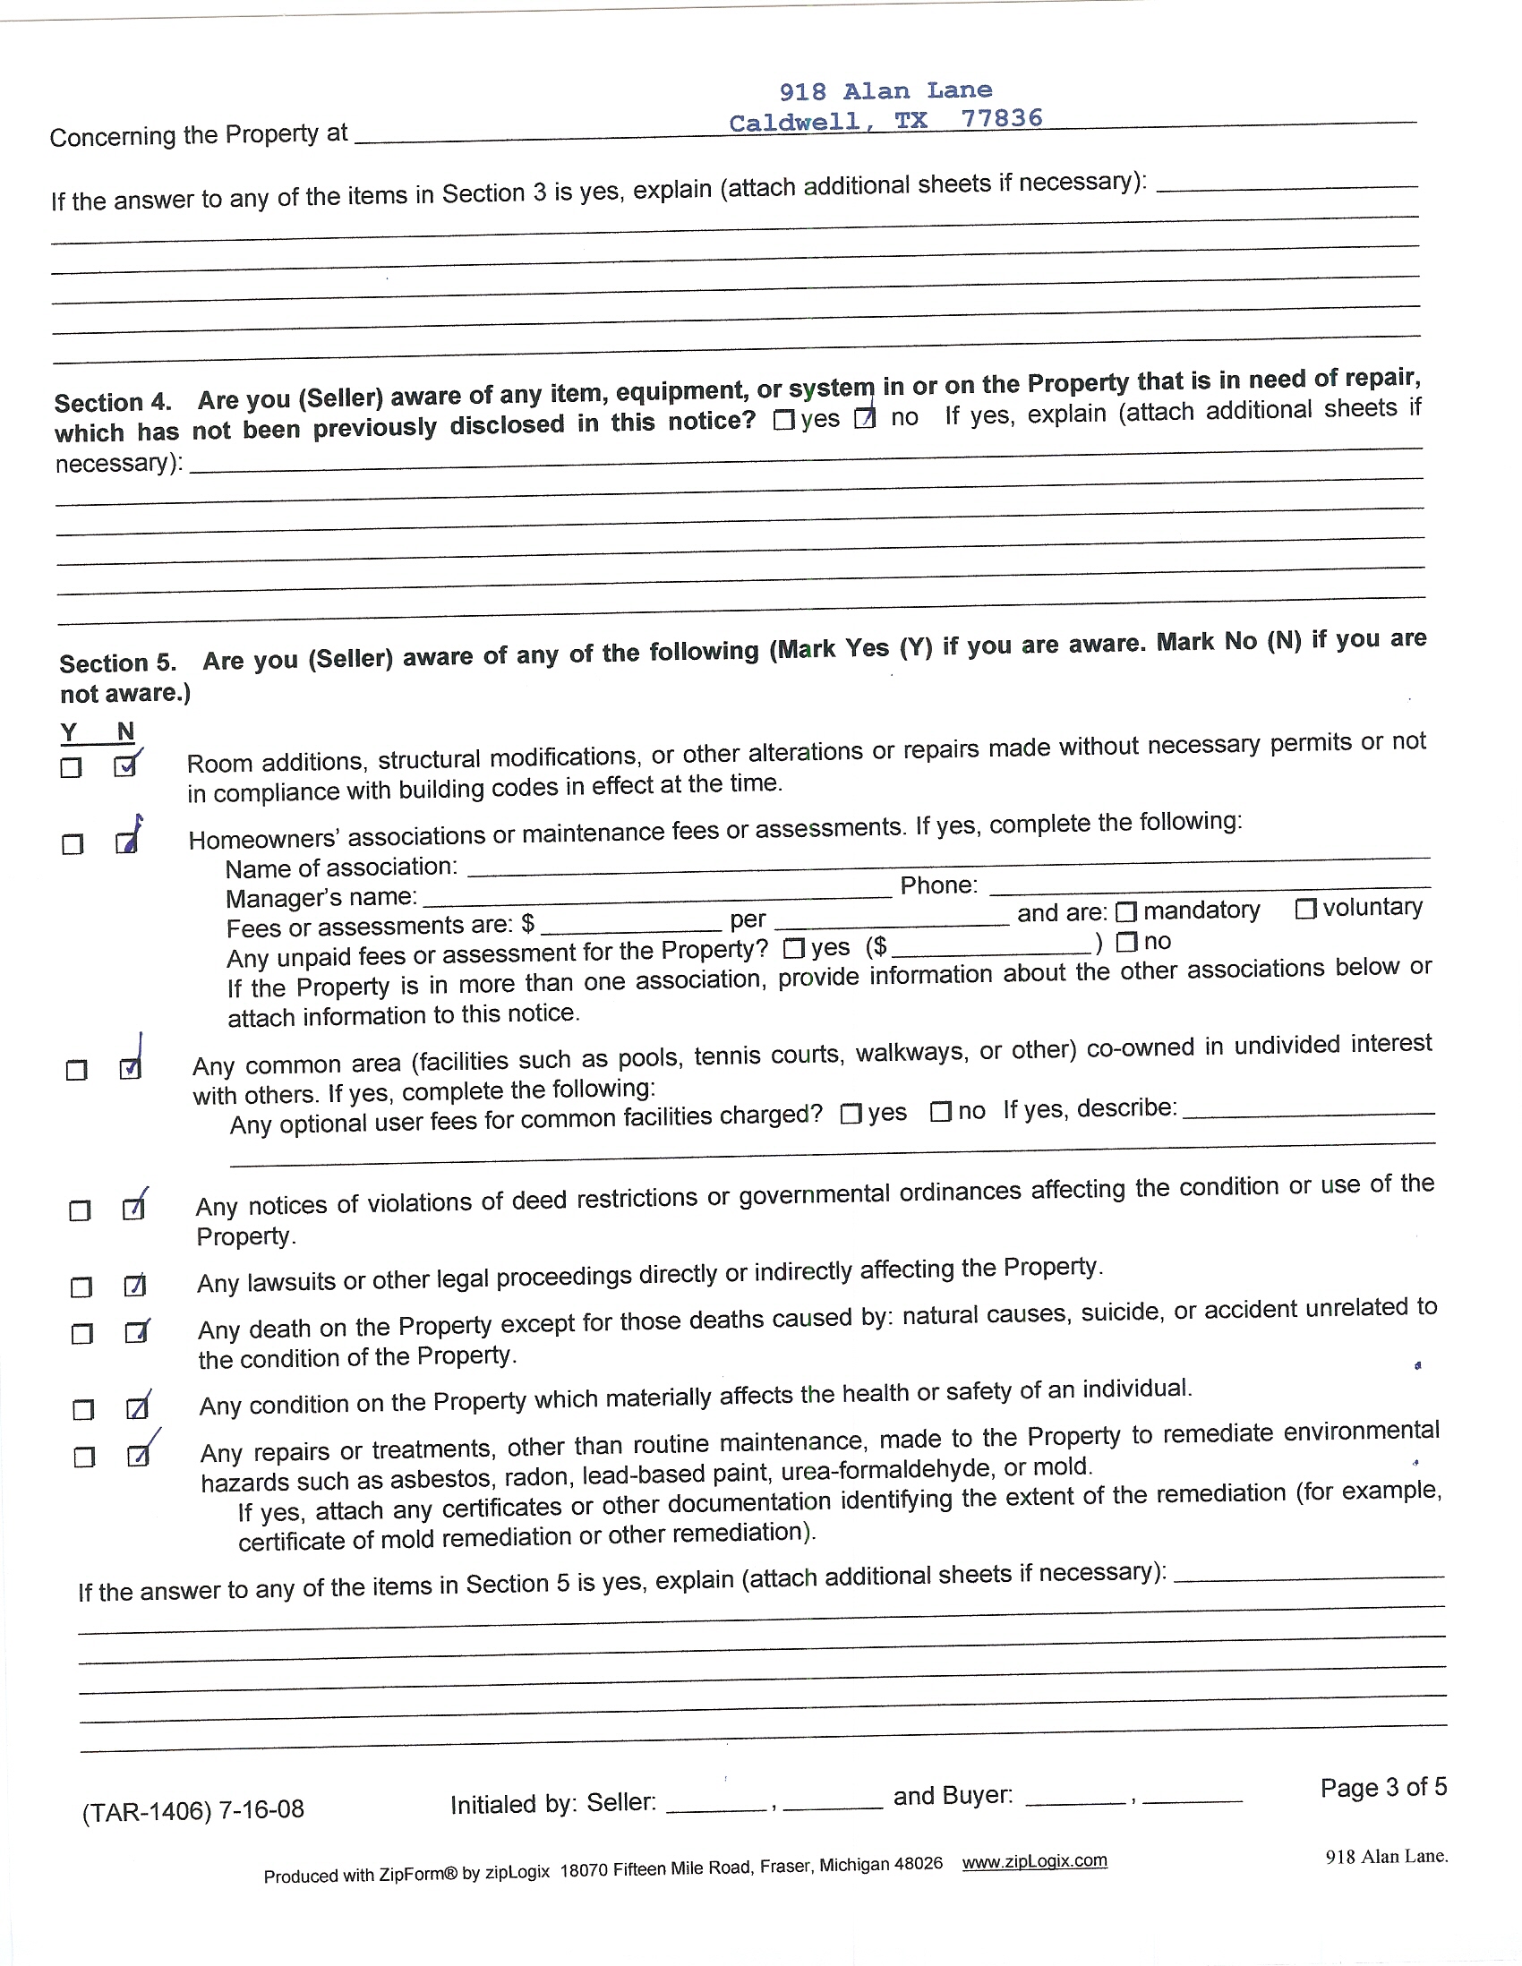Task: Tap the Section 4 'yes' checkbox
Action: [783, 420]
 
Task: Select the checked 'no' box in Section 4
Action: [864, 419]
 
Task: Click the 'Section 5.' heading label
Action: [117, 663]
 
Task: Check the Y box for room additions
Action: [70, 768]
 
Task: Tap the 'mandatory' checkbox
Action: [1125, 912]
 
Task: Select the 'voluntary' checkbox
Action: [1305, 909]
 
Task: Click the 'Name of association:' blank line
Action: [945, 864]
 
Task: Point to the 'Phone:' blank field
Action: [1206, 885]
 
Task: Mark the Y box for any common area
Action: [76, 1070]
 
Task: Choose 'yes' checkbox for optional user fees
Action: [850, 1114]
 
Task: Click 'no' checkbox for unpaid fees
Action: [1126, 943]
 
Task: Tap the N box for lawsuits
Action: [134, 1286]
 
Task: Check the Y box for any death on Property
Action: [81, 1333]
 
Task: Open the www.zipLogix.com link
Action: [1034, 1860]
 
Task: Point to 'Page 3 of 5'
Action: [1382, 1787]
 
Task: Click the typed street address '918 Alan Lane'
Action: [885, 91]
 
